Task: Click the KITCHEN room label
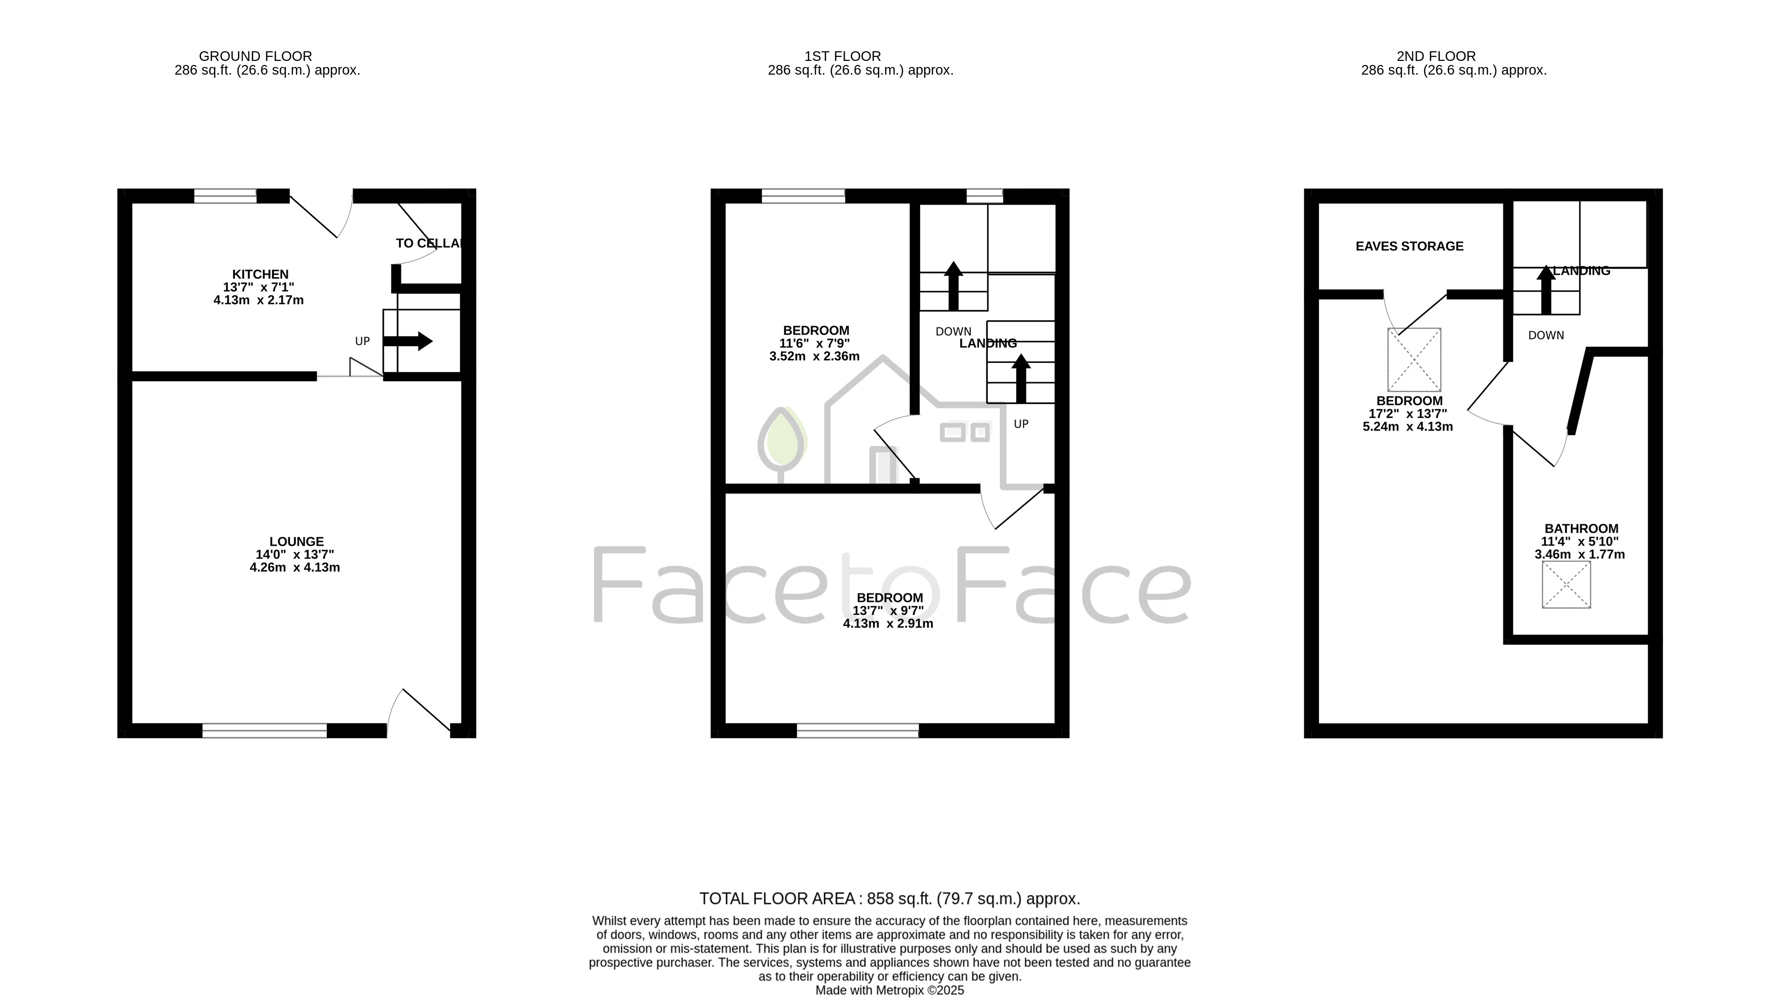(260, 275)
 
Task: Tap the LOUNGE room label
(296, 542)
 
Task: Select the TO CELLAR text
(430, 243)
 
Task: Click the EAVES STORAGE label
(1409, 246)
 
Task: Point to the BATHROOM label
(1581, 529)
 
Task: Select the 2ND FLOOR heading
(1436, 56)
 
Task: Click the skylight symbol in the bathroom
(1566, 585)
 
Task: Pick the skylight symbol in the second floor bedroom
(1414, 360)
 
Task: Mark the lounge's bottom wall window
(264, 730)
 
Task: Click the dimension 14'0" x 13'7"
(295, 554)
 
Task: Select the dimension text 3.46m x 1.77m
(1580, 554)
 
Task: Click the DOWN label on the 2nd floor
(1546, 335)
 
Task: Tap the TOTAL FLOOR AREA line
(889, 899)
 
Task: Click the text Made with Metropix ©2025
(889, 990)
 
